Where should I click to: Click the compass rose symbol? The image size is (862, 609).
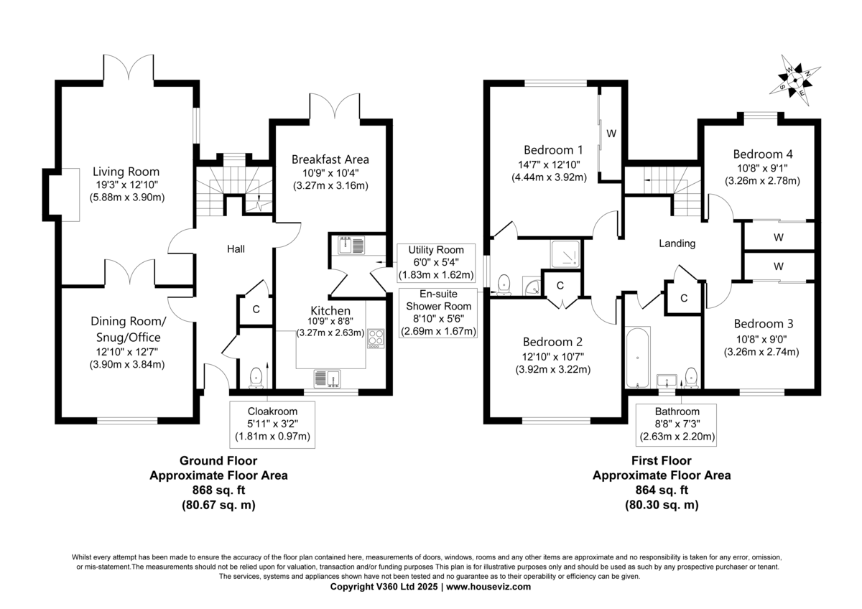(x=795, y=80)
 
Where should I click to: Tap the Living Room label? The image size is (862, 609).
(x=126, y=172)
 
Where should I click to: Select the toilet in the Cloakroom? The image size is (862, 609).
(x=256, y=378)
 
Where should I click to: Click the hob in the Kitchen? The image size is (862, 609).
(x=376, y=338)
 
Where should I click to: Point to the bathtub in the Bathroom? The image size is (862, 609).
(x=638, y=358)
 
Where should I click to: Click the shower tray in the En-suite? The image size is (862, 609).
(x=565, y=254)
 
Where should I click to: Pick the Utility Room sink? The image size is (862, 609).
(x=351, y=246)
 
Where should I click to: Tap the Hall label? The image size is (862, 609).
(x=236, y=249)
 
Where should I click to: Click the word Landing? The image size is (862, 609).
(x=677, y=243)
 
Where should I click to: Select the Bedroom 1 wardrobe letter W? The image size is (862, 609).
(x=611, y=134)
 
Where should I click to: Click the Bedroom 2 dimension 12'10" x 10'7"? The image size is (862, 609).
(x=553, y=357)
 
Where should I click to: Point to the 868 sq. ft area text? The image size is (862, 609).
(x=218, y=490)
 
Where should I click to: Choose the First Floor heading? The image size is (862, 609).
(x=662, y=460)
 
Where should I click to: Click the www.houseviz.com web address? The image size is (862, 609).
(x=488, y=587)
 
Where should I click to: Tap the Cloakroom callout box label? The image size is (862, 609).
(x=272, y=412)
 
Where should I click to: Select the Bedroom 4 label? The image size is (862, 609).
(x=763, y=154)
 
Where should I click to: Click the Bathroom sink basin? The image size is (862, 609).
(x=667, y=381)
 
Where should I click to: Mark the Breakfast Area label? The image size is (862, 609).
(x=330, y=159)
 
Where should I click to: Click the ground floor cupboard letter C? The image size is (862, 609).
(x=256, y=309)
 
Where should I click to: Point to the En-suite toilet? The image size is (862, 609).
(x=504, y=284)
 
